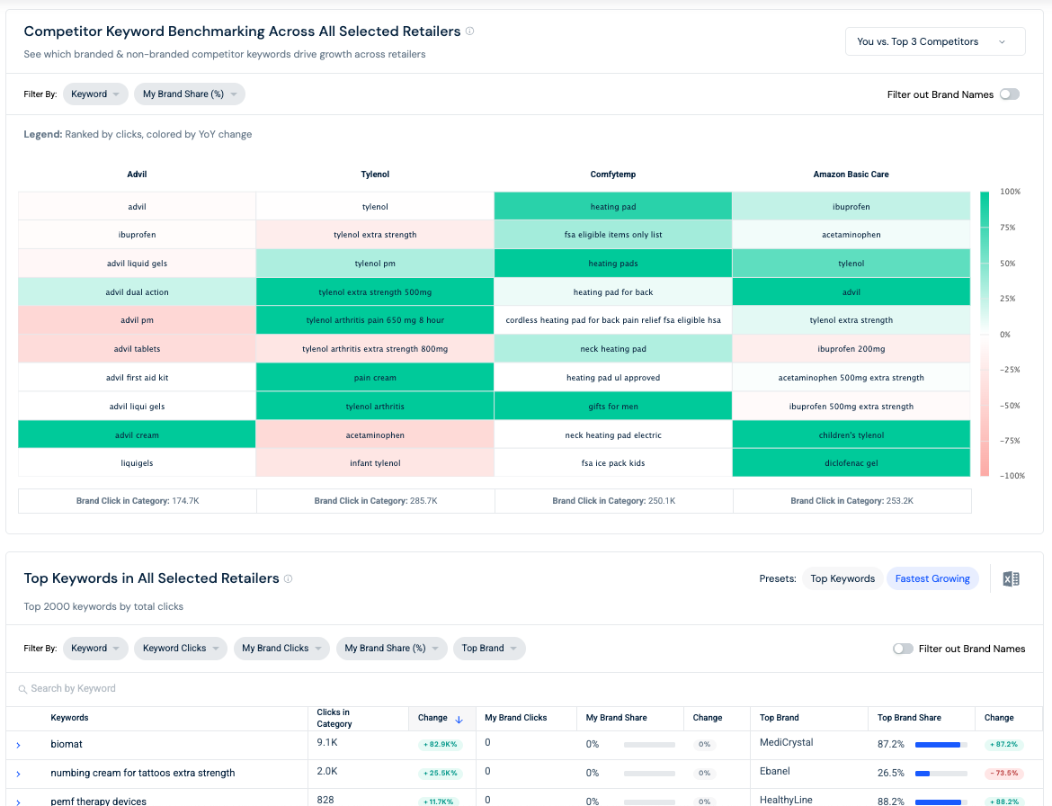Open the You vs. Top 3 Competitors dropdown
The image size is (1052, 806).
point(934,41)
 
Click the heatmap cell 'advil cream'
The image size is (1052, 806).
point(137,434)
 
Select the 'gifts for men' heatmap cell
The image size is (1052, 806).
point(613,406)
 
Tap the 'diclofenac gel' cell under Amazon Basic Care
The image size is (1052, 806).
point(851,463)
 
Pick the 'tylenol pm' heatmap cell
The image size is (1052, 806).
point(375,263)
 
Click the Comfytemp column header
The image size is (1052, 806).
point(613,175)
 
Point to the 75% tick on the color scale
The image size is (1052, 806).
point(1007,228)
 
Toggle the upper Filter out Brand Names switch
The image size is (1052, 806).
point(1009,94)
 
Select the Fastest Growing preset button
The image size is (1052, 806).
point(932,578)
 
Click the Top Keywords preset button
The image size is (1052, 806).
point(842,578)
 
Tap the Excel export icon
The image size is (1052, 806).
point(1011,578)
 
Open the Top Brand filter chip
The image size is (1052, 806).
point(489,649)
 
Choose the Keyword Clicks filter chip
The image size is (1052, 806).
point(181,649)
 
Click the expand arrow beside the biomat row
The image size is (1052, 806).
point(18,745)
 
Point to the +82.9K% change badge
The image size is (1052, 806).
point(440,744)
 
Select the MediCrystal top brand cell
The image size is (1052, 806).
point(787,742)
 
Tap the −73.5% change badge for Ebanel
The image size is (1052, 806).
point(1003,773)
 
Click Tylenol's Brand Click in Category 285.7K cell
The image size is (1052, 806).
point(376,501)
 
